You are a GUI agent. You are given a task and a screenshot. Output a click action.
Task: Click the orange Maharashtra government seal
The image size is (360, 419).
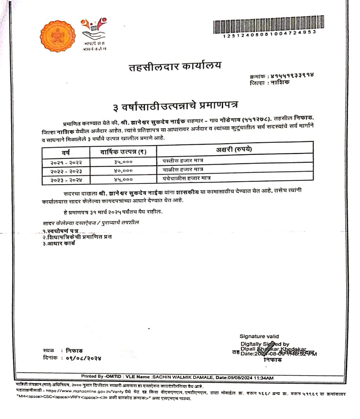coord(58,36)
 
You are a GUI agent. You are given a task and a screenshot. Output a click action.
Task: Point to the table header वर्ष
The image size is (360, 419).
coord(66,152)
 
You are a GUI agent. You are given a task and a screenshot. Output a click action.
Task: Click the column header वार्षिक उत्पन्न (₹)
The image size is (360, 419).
coord(123,152)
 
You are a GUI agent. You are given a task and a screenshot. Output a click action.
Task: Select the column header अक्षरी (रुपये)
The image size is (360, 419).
coord(234,150)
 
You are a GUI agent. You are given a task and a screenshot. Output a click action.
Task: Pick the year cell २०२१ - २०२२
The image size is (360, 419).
coord(66,163)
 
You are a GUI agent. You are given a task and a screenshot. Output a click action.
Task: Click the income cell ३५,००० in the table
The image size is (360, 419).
coord(123,162)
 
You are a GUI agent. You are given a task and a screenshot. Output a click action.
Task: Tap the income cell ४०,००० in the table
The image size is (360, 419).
coord(123,171)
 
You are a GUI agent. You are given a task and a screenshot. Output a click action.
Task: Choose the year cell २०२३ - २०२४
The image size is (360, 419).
coord(66,180)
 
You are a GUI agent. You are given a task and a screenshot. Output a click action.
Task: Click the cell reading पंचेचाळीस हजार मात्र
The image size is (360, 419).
coord(186,178)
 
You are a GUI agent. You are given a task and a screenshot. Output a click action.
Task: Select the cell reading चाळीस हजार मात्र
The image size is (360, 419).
coord(183,170)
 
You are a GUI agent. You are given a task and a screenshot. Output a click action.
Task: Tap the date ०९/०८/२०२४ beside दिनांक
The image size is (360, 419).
coord(84,358)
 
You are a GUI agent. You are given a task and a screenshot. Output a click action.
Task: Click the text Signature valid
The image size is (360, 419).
coord(259,336)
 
